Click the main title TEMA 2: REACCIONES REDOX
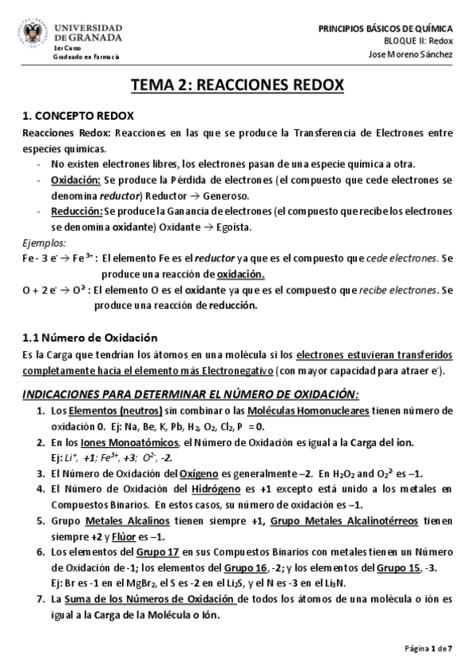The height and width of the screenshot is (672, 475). tap(236, 86)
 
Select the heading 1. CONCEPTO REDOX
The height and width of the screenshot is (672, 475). tap(78, 116)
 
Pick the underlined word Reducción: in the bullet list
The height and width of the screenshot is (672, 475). tap(76, 212)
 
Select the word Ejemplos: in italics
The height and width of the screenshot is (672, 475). tap(44, 242)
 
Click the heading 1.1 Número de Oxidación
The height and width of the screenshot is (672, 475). tap(90, 338)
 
